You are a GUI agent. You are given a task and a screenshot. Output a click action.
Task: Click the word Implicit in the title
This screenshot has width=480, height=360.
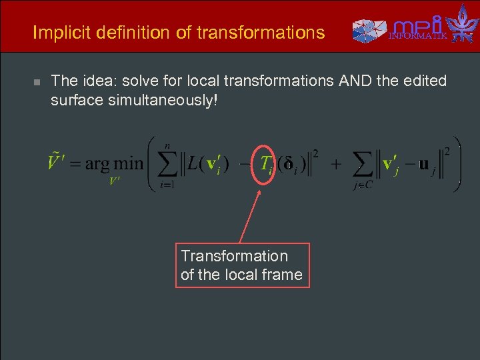pos(55,32)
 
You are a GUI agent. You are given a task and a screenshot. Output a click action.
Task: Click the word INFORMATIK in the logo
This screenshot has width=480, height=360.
pos(419,36)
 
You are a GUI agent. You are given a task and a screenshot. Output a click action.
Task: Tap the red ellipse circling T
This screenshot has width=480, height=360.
pos(267,164)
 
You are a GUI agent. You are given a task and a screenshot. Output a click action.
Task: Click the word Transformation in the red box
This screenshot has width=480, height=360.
pos(234,256)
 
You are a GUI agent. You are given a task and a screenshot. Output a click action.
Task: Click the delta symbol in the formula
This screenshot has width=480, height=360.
pos(291,164)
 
